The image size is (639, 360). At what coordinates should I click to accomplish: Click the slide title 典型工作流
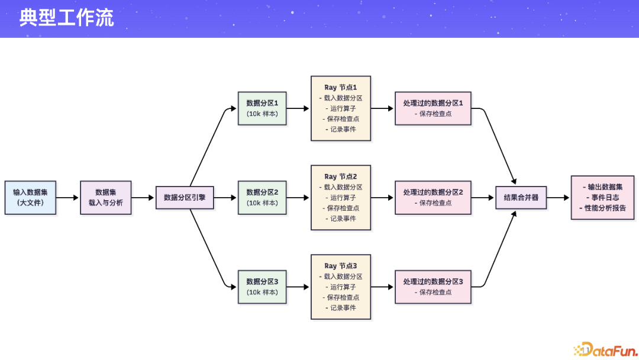[x=66, y=18]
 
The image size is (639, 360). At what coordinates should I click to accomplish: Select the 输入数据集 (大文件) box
[x=30, y=197]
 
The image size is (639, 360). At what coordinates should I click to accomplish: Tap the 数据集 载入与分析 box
[x=106, y=197]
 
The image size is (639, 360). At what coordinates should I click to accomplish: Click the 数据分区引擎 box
[x=185, y=197]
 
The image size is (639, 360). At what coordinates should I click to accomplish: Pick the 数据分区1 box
[x=262, y=108]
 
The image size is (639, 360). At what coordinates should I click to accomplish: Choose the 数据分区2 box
[x=262, y=197]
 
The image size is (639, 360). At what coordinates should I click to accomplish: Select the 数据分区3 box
[x=262, y=287]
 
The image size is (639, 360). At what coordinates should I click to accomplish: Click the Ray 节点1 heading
[x=341, y=88]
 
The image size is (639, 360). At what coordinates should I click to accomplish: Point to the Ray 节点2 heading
[x=341, y=176]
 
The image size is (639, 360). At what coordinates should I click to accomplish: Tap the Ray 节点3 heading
[x=341, y=266]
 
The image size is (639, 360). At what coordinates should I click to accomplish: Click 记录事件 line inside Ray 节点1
[x=341, y=129]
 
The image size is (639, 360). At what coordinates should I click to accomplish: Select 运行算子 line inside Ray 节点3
[x=341, y=287]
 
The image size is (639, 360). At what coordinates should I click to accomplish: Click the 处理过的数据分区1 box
[x=433, y=108]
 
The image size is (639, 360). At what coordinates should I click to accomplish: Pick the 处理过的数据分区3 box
[x=433, y=287]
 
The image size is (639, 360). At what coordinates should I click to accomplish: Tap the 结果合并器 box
[x=521, y=197]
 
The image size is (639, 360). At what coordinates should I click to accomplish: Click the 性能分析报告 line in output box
[x=602, y=208]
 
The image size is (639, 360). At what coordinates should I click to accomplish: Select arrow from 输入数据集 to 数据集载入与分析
[x=68, y=197]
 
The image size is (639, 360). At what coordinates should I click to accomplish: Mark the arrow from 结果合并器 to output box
[x=559, y=197]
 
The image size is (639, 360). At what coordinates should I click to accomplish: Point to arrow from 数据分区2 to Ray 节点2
[x=298, y=197]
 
